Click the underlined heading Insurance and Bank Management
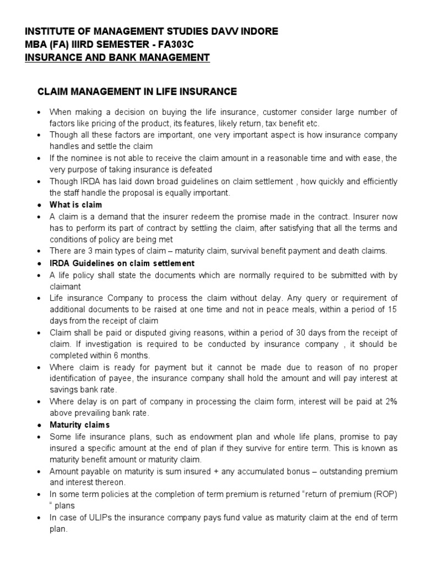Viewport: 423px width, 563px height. [117, 58]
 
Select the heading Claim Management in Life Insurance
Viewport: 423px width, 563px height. [137, 91]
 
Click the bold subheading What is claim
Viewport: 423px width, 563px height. [75, 205]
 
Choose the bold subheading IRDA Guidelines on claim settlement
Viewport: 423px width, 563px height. [122, 263]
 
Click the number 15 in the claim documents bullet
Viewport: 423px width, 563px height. [392, 310]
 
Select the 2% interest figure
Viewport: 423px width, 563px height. [390, 402]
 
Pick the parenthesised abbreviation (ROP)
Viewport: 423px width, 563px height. [382, 495]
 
